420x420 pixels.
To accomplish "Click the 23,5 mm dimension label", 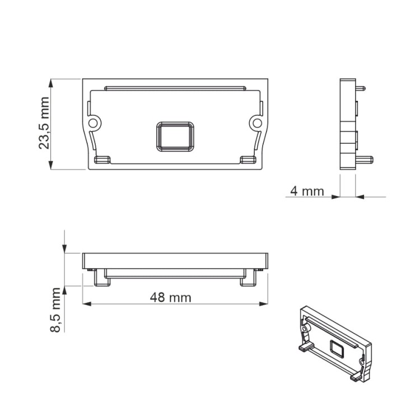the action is click(44, 123).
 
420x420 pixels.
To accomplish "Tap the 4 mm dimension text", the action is click(307, 192).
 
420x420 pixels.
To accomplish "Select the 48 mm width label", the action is click(171, 297).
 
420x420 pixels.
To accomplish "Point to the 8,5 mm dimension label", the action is click(55, 310).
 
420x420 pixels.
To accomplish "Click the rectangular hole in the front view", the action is click(175, 137).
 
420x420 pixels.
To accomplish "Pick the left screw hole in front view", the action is click(93, 123).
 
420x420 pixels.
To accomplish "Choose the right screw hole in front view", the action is click(257, 123).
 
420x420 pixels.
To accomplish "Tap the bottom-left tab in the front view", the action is click(102, 160).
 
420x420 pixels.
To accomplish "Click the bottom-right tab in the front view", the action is click(248, 160).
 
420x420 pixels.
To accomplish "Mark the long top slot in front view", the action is click(175, 88).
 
